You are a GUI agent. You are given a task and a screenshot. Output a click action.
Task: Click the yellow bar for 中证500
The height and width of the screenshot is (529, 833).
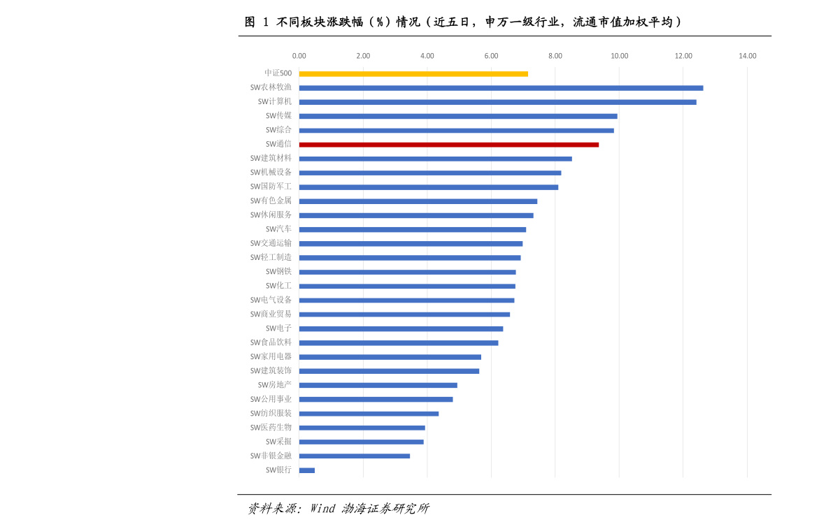tap(413, 73)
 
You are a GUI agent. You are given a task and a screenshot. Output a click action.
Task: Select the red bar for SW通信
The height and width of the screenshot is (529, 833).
tap(448, 145)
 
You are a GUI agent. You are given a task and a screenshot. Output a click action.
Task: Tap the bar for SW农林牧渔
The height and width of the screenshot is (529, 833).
tap(501, 88)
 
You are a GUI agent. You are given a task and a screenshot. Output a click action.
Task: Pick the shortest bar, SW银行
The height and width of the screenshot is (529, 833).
tap(307, 470)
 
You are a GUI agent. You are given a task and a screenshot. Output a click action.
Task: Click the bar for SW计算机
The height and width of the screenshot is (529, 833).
tap(497, 102)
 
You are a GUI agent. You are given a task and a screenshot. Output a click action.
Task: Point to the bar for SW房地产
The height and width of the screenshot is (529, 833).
tap(378, 385)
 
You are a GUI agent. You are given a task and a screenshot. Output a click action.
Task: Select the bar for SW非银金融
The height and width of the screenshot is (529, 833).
tap(354, 456)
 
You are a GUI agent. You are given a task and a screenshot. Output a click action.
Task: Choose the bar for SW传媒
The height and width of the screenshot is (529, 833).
tap(458, 116)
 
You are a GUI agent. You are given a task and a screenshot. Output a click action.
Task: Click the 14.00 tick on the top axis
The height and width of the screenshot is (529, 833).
tap(747, 56)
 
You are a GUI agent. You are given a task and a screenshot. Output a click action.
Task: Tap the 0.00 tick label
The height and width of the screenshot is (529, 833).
tap(299, 56)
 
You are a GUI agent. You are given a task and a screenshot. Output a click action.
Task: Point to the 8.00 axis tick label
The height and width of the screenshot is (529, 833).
tap(555, 56)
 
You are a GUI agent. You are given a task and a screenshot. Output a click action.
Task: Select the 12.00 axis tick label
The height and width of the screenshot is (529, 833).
tap(683, 56)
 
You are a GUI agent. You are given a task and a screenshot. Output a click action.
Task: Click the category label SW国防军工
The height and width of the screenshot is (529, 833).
tap(271, 187)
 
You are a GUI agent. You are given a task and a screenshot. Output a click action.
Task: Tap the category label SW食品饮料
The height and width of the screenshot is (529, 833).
tap(271, 342)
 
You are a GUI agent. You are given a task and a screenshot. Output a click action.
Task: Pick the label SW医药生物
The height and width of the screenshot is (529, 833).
tap(271, 427)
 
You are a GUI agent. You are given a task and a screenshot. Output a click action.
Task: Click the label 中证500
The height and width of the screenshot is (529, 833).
tap(278, 73)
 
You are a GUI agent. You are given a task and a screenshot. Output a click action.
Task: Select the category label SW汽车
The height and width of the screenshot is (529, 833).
tap(278, 229)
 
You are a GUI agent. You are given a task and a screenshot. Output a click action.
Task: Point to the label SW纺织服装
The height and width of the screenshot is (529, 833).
tap(271, 413)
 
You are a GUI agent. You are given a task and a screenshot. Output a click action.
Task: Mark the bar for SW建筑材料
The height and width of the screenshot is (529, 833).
tap(435, 159)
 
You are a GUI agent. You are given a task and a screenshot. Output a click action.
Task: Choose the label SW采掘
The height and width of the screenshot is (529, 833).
tap(278, 442)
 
